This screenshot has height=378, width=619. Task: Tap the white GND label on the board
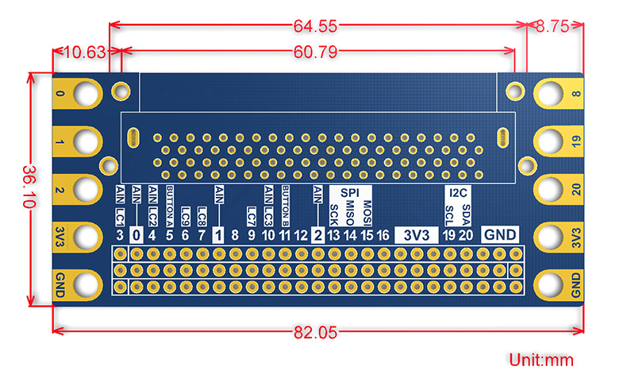tap(500, 235)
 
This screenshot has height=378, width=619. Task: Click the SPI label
tap(350, 193)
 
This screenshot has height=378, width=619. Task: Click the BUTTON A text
tap(170, 207)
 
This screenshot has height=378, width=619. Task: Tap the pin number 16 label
tap(383, 235)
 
